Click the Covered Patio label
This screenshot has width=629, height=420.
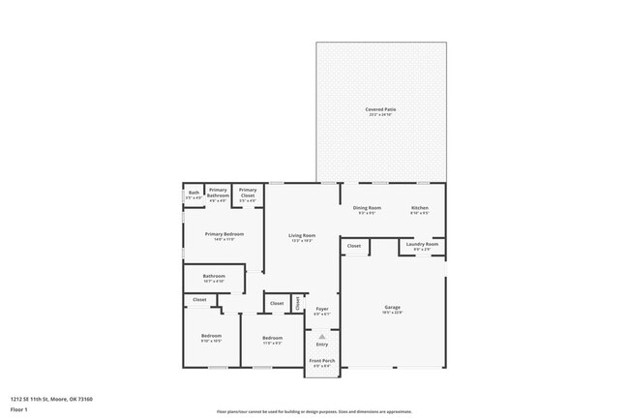[380, 109]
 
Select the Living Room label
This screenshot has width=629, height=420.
[302, 235]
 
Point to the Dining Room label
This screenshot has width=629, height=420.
[367, 208]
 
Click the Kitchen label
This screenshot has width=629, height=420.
[419, 208]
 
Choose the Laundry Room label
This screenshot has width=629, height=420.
[422, 244]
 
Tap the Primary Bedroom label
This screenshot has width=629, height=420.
[224, 234]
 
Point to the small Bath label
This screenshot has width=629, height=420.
[194, 192]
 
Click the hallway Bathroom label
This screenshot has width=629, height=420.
[214, 276]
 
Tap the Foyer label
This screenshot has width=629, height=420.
[322, 309]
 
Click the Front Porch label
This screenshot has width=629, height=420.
[320, 361]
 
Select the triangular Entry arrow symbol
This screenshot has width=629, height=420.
[322, 336]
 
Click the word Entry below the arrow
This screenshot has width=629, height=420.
[322, 345]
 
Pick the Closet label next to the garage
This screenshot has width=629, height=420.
[354, 246]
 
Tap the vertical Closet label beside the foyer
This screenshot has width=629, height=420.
[298, 303]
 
